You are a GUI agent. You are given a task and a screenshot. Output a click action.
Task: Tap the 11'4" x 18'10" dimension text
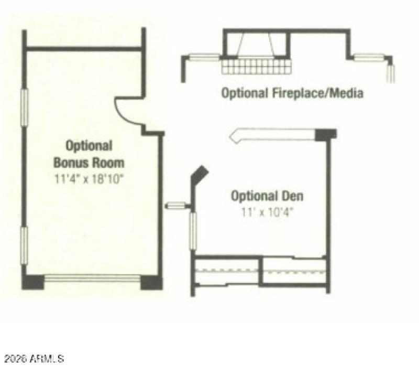pyautogui.click(x=89, y=178)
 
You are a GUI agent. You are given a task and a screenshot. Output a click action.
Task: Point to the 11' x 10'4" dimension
pyautogui.click(x=267, y=213)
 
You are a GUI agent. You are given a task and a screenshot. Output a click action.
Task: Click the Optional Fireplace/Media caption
pyautogui.click(x=292, y=94)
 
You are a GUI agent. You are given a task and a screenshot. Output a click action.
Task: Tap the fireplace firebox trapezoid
pyautogui.click(x=256, y=45)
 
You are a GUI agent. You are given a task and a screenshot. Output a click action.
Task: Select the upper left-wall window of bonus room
pyautogui.click(x=24, y=107)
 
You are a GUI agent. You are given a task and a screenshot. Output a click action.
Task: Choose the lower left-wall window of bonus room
pyautogui.click(x=24, y=246)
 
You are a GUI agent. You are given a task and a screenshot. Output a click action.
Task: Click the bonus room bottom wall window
pyautogui.click(x=93, y=278)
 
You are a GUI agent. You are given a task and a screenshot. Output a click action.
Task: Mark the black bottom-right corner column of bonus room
pyautogui.click(x=152, y=282)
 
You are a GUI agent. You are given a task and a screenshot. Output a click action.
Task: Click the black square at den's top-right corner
pyautogui.click(x=325, y=134)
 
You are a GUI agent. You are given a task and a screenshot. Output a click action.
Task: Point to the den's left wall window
pyautogui.click(x=193, y=231)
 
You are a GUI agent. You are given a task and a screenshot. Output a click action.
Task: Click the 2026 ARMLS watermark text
pyautogui.click(x=33, y=359)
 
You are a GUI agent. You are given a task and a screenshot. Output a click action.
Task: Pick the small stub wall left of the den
pyautogui.click(x=177, y=205)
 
